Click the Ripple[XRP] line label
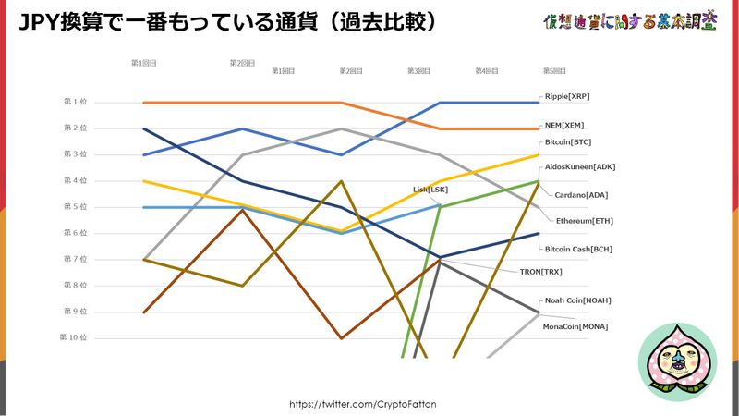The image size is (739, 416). point(567,96)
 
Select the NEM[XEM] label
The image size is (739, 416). point(564,125)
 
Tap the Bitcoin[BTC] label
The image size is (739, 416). point(568,142)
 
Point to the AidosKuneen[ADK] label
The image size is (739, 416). point(580,167)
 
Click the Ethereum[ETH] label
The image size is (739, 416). point(584,221)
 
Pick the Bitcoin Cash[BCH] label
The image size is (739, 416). point(579,250)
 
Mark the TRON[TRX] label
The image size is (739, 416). point(540,272)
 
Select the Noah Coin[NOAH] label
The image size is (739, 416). point(577,300)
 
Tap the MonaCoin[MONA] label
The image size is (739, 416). point(575,326)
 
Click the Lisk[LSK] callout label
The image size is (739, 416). point(430,190)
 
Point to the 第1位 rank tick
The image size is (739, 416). point(75,102)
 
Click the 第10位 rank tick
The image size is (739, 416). point(74,338)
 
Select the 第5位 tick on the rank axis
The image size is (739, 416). point(75,207)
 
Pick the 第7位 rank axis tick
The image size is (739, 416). point(75,260)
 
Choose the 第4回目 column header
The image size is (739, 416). point(487,70)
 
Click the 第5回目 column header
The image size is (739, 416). point(553,70)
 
